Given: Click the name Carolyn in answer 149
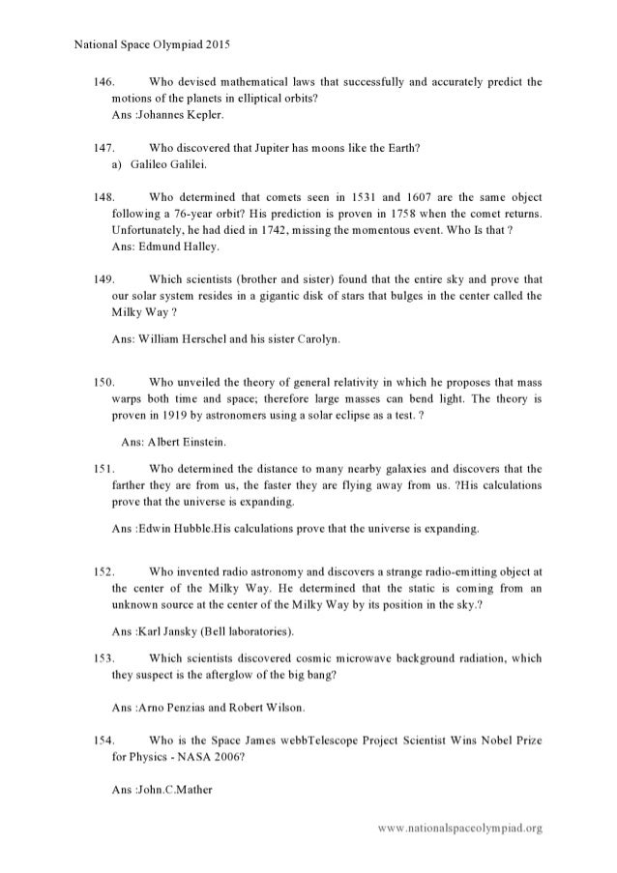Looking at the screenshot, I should (x=313, y=339).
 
